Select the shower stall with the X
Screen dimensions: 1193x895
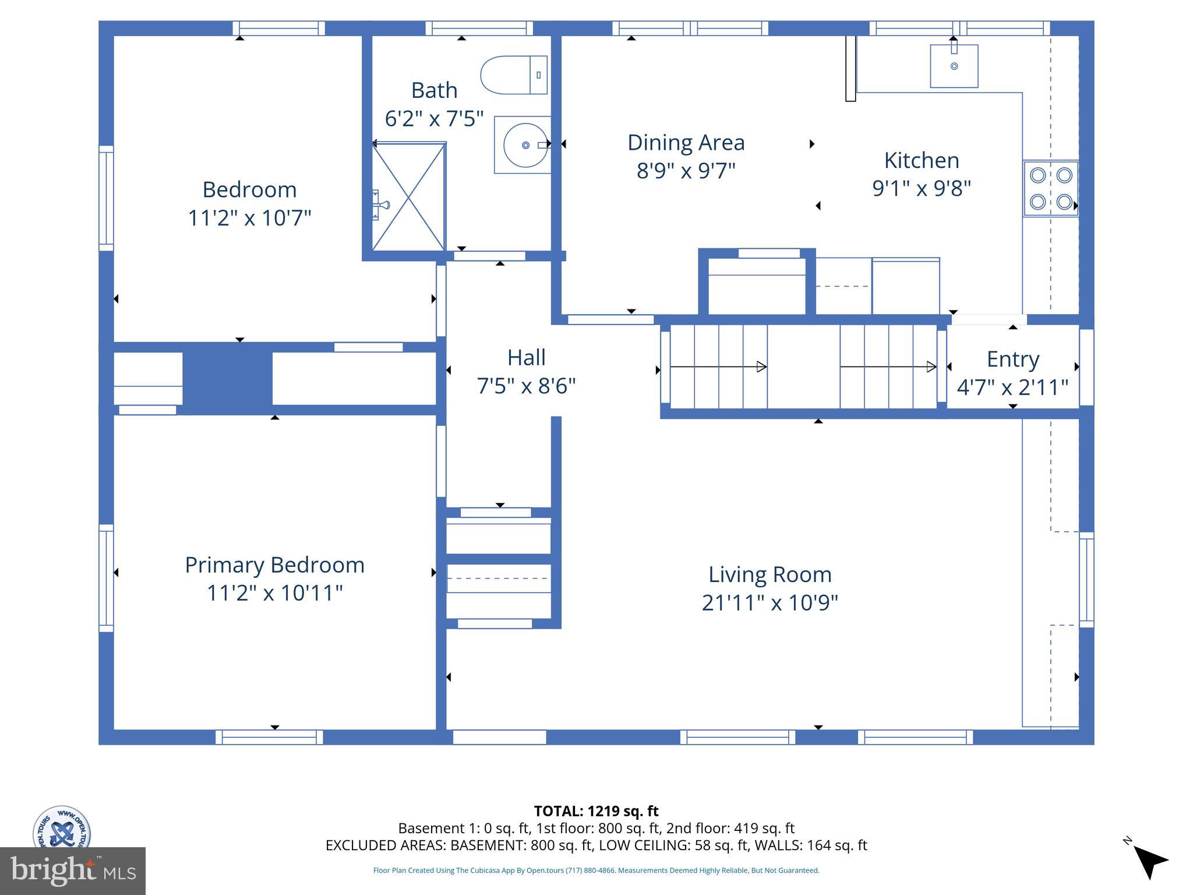pos(409,197)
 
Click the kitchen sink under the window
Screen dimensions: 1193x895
pos(954,66)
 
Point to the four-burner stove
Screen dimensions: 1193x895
pos(1051,189)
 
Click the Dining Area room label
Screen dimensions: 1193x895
pos(686,143)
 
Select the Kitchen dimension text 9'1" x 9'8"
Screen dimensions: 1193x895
pos(922,188)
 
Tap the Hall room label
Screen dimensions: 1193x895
pos(526,358)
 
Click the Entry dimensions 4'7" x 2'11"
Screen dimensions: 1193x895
pos(1012,387)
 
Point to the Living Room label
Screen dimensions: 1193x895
pos(770,575)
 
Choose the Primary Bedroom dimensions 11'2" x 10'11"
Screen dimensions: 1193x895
pos(274,593)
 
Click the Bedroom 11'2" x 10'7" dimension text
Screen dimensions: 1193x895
pos(249,218)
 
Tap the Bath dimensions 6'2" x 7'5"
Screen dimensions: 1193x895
pos(434,118)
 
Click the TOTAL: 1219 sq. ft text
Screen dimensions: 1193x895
pos(596,811)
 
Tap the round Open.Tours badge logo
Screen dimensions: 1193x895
pos(61,827)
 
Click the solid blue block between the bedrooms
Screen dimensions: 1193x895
pos(228,379)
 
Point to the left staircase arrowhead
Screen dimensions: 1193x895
pos(761,367)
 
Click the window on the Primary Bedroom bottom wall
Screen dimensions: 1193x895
pos(269,737)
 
